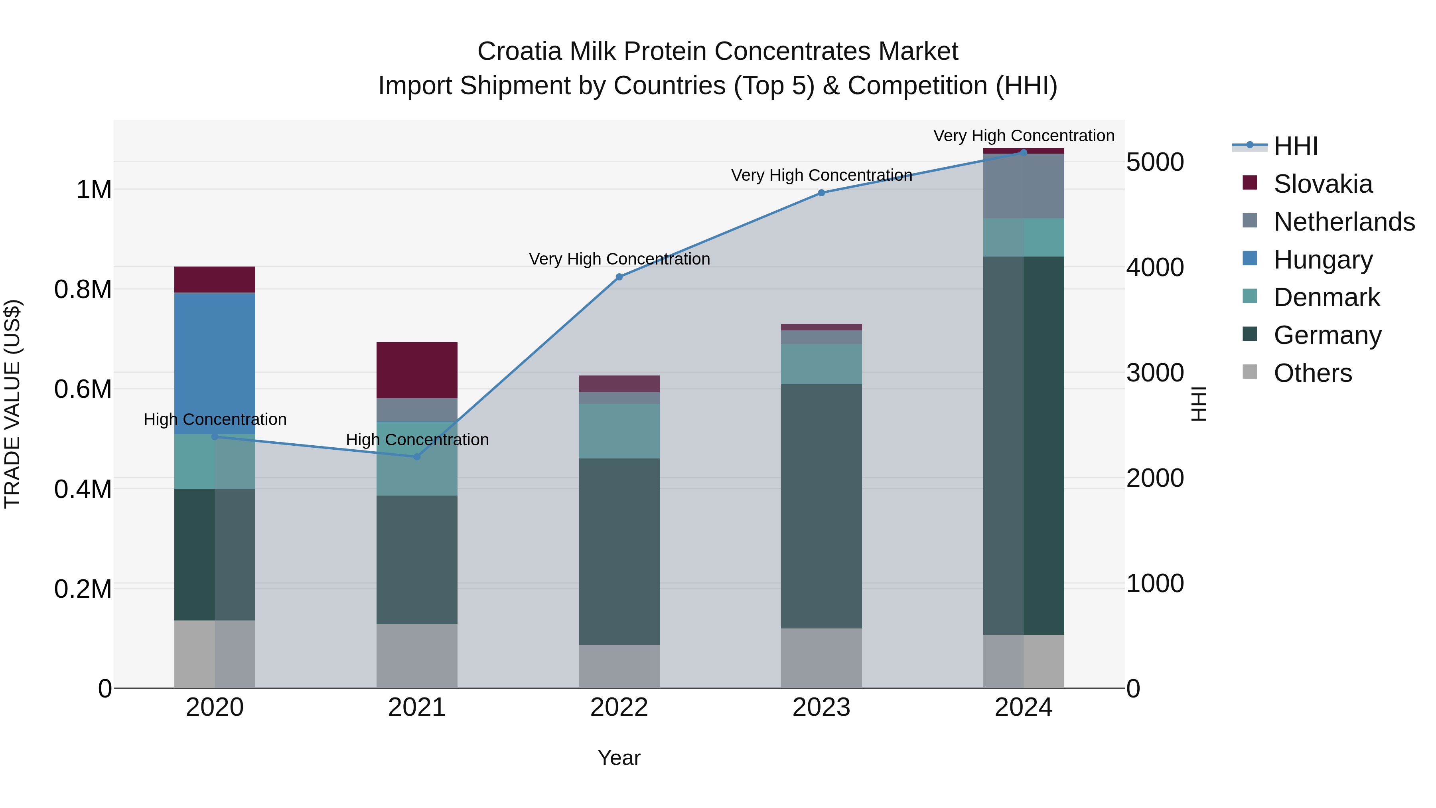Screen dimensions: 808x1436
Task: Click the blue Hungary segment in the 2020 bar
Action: pos(215,362)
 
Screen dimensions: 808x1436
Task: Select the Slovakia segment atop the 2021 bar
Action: pos(416,370)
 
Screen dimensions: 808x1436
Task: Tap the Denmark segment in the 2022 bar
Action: pos(619,431)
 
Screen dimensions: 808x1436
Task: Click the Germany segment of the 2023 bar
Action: pos(821,506)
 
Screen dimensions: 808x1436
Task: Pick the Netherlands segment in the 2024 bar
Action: pos(1024,186)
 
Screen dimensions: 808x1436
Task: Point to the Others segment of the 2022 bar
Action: pos(619,666)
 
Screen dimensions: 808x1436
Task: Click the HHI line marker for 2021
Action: pos(416,457)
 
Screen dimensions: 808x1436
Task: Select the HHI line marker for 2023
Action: pos(821,193)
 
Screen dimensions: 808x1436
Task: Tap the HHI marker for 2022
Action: pos(619,277)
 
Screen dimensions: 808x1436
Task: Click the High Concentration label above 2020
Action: pos(215,419)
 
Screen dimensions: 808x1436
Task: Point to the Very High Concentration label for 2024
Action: pos(1024,136)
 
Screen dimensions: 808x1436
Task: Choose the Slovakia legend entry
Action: pos(1323,184)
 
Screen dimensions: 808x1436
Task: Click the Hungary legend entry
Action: pos(1323,260)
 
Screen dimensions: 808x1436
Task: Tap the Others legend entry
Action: pos(1312,373)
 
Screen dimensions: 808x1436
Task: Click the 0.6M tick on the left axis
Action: pos(83,389)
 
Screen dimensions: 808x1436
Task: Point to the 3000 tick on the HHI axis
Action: pos(1154,373)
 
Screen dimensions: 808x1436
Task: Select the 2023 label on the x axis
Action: pos(821,707)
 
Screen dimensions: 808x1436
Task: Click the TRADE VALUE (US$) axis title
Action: pos(12,404)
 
